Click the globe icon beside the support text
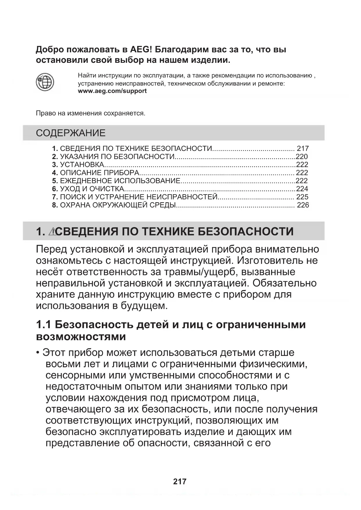point(45,82)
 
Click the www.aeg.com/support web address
point(112,91)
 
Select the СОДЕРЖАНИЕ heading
point(71,133)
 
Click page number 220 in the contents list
point(302,157)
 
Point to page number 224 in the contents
point(302,189)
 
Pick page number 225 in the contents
point(302,197)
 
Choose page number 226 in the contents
point(303,205)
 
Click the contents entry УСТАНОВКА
point(82,165)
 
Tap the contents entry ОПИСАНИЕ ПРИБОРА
point(99,173)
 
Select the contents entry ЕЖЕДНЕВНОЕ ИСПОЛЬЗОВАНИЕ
point(120,181)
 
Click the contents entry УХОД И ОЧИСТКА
point(92,189)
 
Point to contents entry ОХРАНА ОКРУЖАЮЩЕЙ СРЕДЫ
point(118,205)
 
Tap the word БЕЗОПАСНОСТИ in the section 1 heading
point(246,232)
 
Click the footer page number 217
point(179,482)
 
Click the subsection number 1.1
point(44,324)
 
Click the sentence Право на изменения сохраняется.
point(90,113)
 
